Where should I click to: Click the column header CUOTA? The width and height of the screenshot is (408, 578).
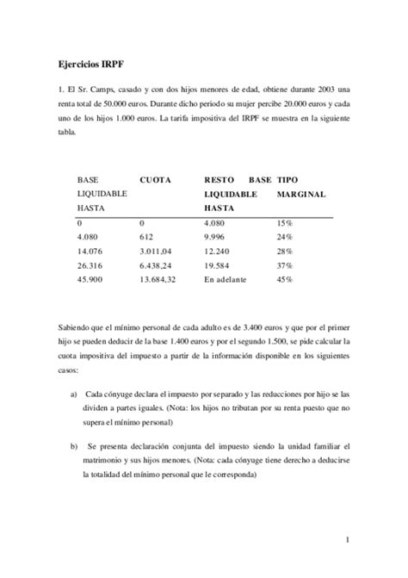(x=155, y=179)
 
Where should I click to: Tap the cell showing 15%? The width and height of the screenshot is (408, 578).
(x=284, y=222)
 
